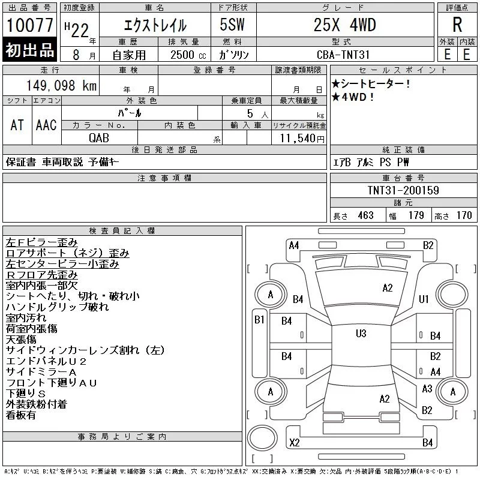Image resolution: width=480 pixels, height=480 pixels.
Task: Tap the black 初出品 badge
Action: tap(30, 50)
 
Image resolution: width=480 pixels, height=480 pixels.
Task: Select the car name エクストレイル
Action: tap(155, 26)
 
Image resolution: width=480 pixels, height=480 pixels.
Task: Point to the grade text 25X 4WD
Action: tap(345, 25)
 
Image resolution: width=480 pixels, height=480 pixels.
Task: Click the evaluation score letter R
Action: tap(457, 25)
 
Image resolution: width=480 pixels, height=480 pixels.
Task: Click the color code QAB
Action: tap(99, 137)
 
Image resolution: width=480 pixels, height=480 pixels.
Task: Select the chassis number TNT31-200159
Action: tap(403, 191)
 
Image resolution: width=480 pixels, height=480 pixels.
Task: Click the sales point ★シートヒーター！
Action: tap(371, 84)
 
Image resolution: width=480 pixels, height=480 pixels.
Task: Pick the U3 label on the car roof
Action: tap(361, 334)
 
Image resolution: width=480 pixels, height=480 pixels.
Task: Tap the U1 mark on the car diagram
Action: tap(424, 299)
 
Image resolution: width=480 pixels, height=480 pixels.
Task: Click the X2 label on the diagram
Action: tap(295, 443)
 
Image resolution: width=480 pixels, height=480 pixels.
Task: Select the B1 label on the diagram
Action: tap(259, 320)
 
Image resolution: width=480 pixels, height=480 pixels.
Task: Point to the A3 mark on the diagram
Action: tap(427, 389)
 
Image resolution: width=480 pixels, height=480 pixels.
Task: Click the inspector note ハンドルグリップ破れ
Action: tap(57, 307)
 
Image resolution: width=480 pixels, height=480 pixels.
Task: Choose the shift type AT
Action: tap(17, 125)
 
